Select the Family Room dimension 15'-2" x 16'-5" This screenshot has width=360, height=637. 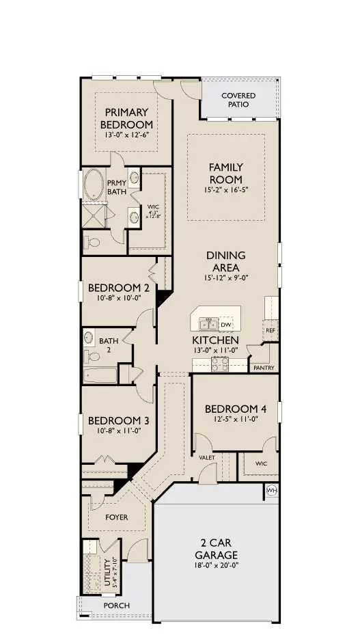tap(225, 189)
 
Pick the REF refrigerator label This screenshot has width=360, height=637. tap(271, 329)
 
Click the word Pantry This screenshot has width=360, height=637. tap(264, 368)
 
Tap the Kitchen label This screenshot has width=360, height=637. tap(214, 340)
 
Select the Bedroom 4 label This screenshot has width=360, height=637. tap(234, 409)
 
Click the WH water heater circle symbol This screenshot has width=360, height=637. tap(271, 491)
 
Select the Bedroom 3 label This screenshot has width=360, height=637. tap(113, 420)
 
